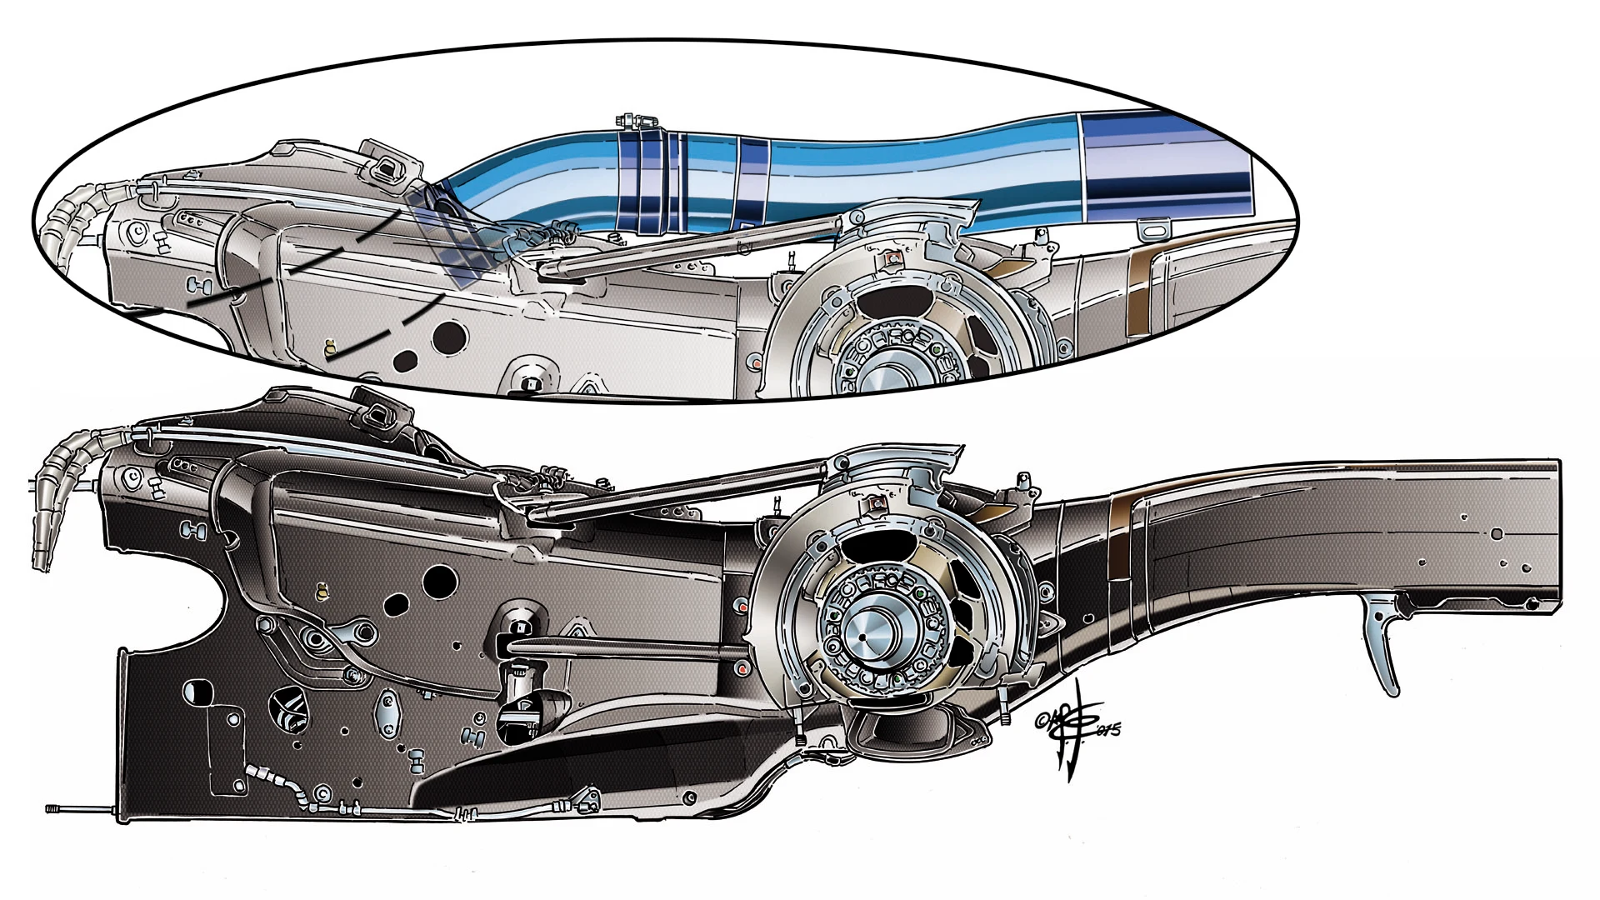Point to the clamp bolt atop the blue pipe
(632, 122)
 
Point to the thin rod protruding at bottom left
(79, 809)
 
